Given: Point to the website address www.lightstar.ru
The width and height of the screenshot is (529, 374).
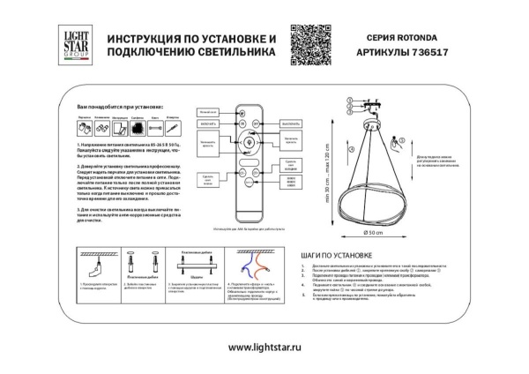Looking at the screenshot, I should click(264, 348).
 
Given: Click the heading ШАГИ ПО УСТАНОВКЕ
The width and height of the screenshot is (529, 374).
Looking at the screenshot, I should click(332, 253).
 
